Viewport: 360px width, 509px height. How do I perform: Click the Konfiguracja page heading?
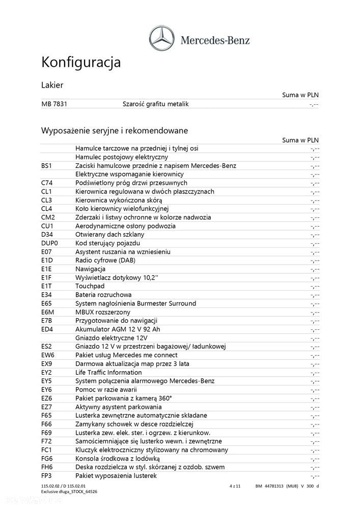[80, 63]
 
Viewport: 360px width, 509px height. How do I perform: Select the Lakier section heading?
[52, 85]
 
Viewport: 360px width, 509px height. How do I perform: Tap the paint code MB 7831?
[54, 104]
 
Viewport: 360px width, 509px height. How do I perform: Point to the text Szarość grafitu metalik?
[155, 104]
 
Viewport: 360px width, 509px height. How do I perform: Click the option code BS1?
[47, 166]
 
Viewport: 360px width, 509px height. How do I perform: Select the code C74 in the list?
[47, 183]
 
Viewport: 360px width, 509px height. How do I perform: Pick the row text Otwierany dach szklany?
[109, 235]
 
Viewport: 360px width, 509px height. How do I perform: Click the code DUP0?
[50, 243]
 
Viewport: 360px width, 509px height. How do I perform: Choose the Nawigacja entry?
[90, 269]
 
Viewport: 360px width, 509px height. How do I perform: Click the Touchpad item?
[90, 287]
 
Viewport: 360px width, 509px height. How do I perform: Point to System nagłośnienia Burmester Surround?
[135, 304]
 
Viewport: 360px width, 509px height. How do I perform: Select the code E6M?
[48, 312]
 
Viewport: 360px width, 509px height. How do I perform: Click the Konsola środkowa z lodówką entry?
[119, 459]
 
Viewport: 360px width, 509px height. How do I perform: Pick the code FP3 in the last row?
[47, 476]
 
